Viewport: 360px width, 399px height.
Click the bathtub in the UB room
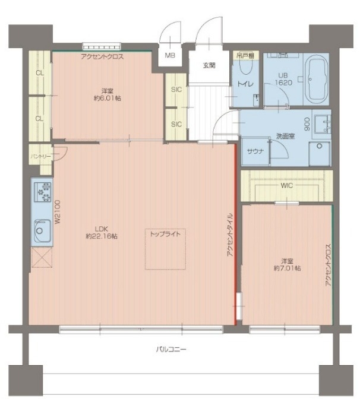[x=316, y=79]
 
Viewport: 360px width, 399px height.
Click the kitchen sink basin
[x=42, y=230]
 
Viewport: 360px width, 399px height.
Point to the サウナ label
[x=255, y=151]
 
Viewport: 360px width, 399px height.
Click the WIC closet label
[x=287, y=185]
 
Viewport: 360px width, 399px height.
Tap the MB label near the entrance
[x=169, y=55]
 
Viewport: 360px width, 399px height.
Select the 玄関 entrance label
[x=209, y=65]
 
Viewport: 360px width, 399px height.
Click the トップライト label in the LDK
[x=165, y=234]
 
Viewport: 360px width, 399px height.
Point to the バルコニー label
[x=171, y=349]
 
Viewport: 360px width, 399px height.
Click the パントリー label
[x=41, y=156]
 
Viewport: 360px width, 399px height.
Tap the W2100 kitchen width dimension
[x=57, y=212]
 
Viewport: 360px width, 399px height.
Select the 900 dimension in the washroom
[x=307, y=124]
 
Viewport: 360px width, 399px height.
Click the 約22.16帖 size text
[x=102, y=236]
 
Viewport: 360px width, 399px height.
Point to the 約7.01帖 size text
[x=287, y=268]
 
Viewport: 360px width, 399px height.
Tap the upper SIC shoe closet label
[x=176, y=89]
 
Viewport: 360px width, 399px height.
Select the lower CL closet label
[x=39, y=118]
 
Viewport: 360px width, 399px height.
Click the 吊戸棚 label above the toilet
[x=246, y=55]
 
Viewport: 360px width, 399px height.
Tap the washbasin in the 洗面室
[x=323, y=124]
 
